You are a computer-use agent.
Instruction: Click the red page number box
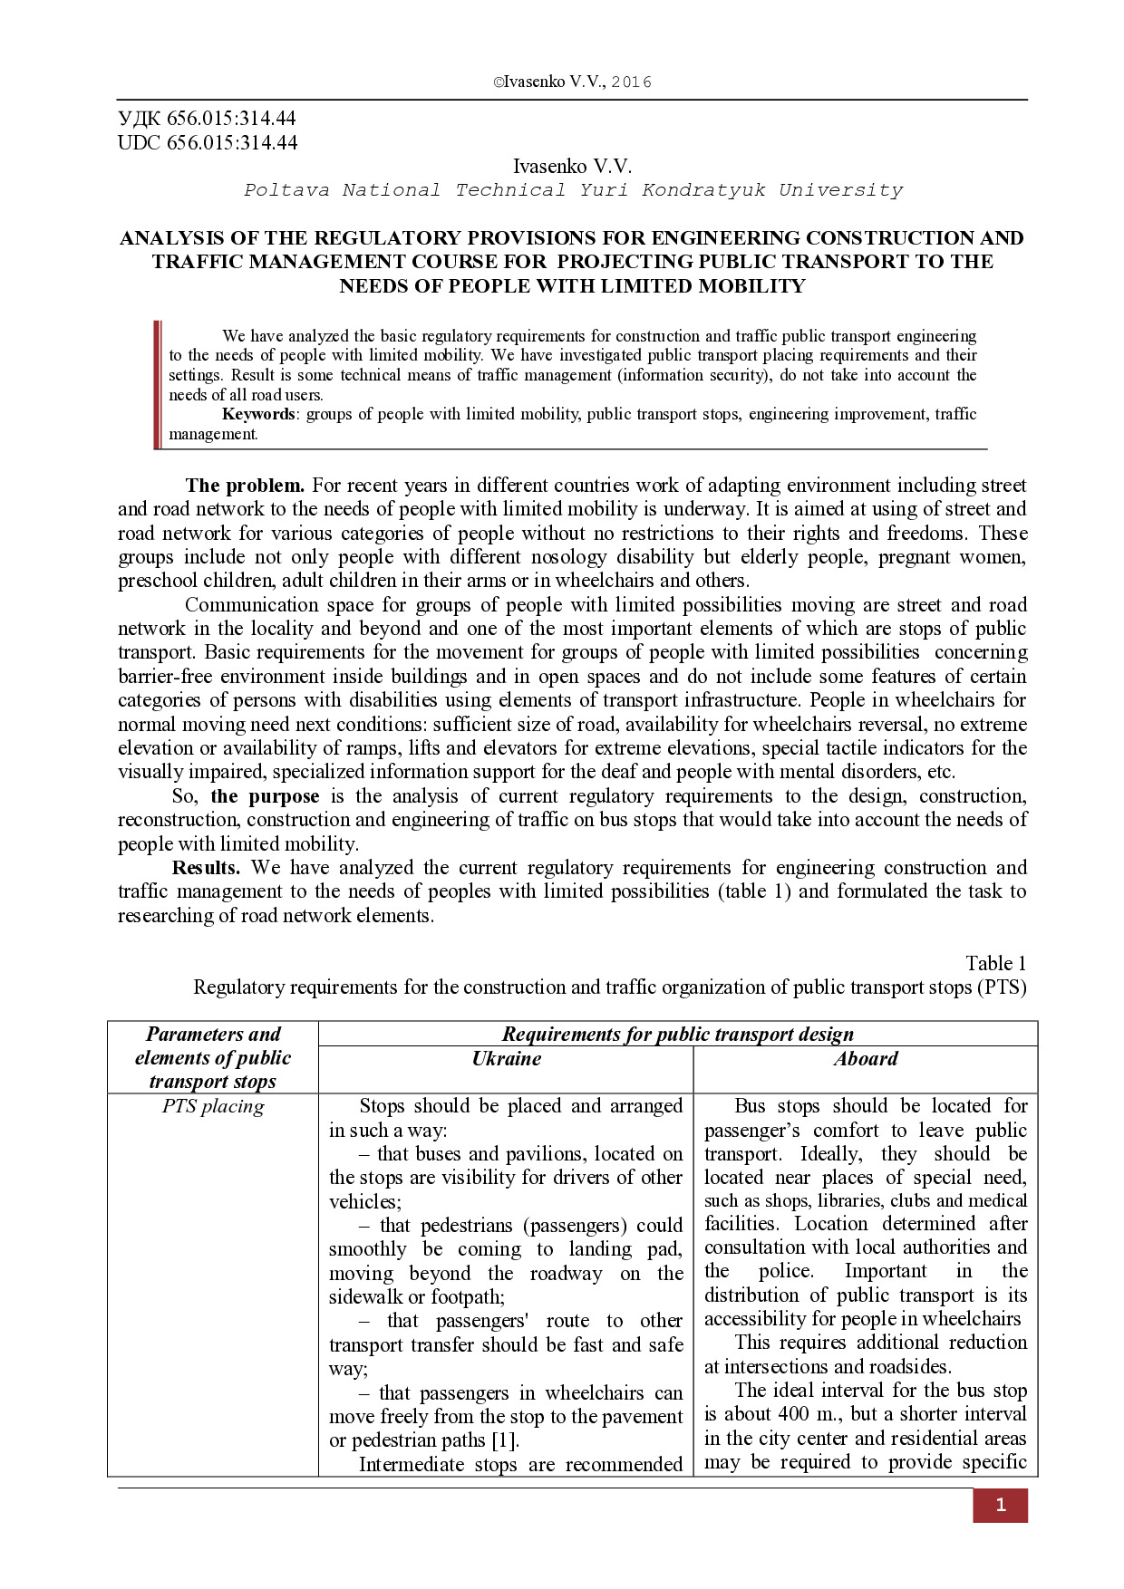(x=1000, y=1505)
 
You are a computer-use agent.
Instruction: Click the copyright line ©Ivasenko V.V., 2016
(x=572, y=82)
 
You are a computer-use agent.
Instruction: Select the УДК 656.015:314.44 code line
(x=207, y=119)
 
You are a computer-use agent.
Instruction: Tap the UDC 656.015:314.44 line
(x=208, y=142)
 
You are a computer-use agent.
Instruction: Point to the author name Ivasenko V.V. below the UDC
(x=572, y=166)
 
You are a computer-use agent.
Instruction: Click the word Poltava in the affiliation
(x=286, y=190)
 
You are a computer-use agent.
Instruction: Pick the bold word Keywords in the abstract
(x=258, y=414)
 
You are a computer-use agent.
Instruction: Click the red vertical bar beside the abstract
(x=157, y=384)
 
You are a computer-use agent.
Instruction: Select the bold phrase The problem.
(x=244, y=486)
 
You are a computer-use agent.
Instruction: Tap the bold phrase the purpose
(x=265, y=796)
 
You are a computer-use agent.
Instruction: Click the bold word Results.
(x=206, y=868)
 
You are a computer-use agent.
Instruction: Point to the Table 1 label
(x=995, y=963)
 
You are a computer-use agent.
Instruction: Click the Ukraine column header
(x=506, y=1058)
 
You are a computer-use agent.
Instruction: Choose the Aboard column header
(x=866, y=1058)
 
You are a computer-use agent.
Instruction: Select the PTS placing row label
(x=213, y=1106)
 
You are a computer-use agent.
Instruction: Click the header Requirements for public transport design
(x=677, y=1034)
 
